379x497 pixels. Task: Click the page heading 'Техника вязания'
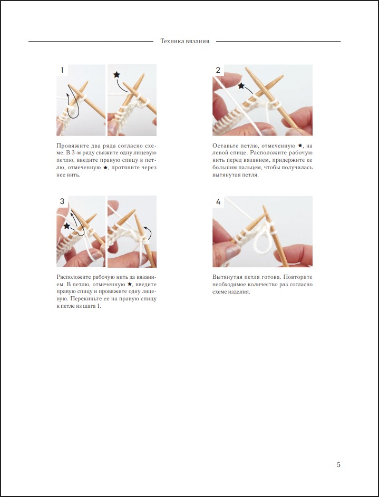184,41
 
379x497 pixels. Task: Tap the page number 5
338,465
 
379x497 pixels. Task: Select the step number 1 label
62,70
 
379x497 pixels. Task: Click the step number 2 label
218,70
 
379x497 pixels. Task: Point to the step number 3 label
62,201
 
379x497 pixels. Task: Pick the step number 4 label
218,201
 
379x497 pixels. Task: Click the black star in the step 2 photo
241,85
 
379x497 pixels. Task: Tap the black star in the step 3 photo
66,226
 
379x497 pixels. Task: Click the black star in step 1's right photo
116,75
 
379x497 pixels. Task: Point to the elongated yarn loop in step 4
263,239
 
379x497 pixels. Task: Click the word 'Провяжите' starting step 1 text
70,146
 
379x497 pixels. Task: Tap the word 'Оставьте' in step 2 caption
224,146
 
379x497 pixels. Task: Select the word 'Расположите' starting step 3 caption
73,277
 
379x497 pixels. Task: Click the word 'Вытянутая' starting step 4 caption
225,277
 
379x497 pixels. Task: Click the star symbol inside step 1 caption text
105,168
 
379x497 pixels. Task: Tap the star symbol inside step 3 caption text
129,284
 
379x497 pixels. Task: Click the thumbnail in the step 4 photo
233,252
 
